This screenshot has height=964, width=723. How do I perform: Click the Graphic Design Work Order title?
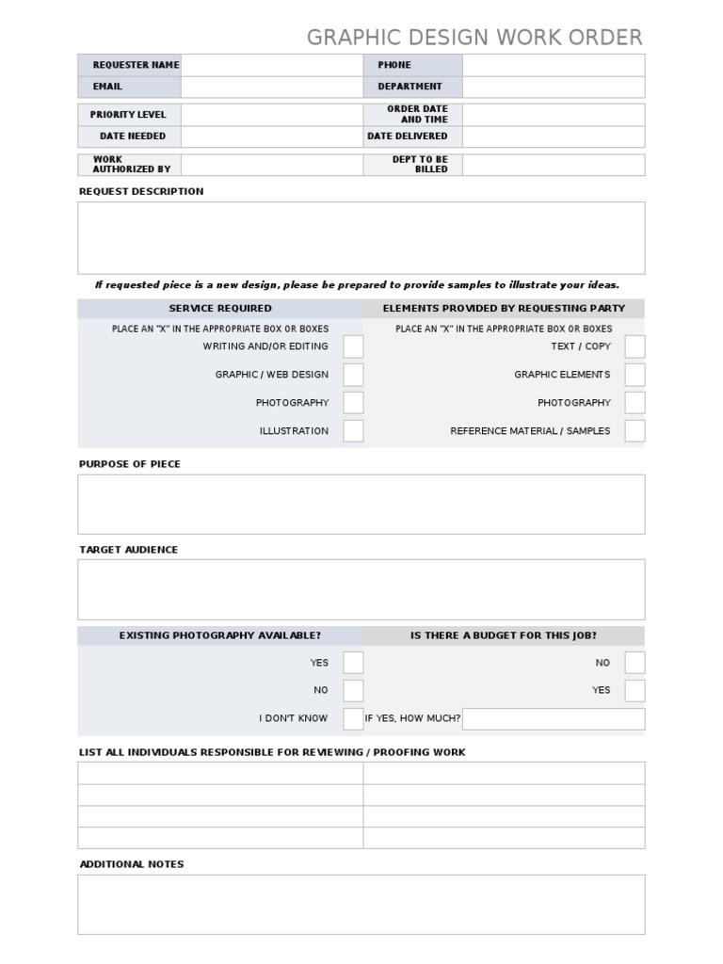point(474,38)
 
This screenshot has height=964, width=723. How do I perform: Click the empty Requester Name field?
point(271,65)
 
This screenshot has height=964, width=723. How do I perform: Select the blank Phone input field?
point(553,65)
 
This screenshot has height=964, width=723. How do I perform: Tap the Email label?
point(107,87)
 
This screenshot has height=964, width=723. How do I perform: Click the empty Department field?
point(553,87)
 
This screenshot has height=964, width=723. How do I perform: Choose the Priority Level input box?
point(271,115)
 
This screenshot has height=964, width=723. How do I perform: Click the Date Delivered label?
point(408,137)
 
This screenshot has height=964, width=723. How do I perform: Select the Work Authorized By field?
point(271,165)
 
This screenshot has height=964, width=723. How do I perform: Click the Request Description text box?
point(361,237)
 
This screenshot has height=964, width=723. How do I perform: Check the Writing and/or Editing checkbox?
point(353,346)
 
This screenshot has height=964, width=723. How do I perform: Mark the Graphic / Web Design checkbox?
point(353,375)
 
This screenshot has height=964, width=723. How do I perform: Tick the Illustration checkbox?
point(353,431)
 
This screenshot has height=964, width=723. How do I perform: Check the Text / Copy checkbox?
point(635,346)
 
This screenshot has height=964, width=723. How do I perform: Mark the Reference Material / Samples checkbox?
point(635,431)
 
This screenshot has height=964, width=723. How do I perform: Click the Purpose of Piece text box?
point(361,504)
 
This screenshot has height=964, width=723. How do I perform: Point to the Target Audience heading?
point(128,550)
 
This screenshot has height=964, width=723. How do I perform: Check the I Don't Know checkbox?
point(353,718)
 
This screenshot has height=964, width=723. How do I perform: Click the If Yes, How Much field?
point(553,718)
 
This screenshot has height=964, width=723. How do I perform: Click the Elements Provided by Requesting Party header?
point(504,309)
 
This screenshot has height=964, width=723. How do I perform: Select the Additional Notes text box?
point(361,904)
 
